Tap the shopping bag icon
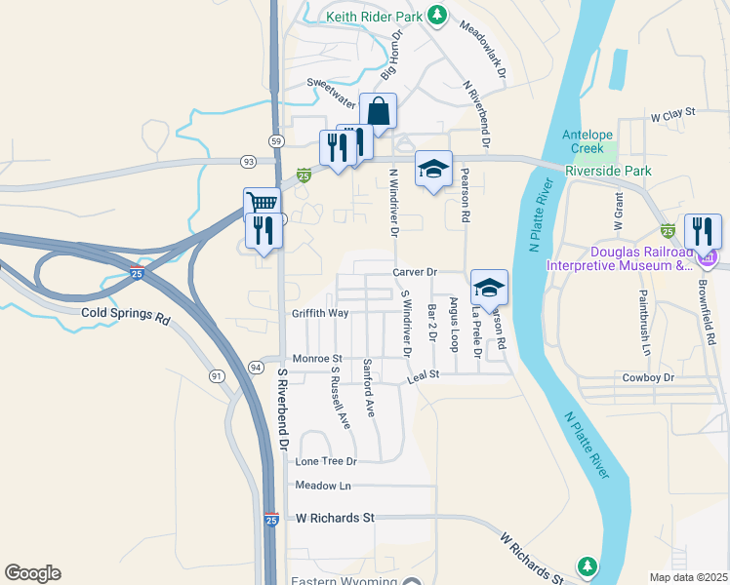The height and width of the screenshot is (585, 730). click(x=378, y=110)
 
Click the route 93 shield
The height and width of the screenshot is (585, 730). click(x=248, y=161)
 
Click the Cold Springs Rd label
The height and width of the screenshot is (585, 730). click(x=126, y=318)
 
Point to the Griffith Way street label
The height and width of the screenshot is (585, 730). click(x=320, y=313)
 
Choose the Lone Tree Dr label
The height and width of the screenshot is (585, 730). click(x=326, y=460)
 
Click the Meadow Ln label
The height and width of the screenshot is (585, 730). click(x=322, y=486)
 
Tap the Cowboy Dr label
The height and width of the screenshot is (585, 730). click(x=648, y=377)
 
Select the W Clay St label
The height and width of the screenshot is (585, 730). click(x=672, y=113)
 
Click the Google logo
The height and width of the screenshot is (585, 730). click(x=32, y=573)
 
